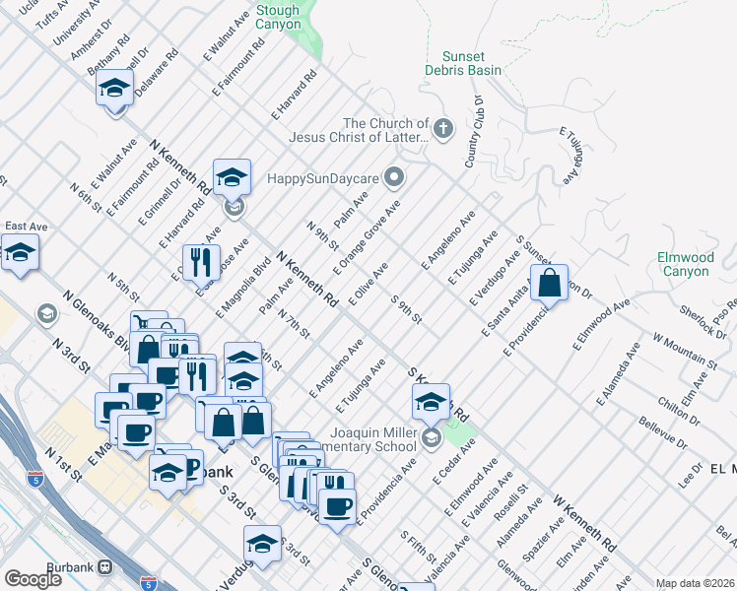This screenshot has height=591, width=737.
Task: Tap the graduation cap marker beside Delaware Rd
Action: click(115, 89)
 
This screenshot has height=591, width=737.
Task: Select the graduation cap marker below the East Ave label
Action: click(20, 253)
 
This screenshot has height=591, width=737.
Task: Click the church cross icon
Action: click(443, 127)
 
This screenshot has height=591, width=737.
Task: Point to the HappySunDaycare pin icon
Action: click(395, 178)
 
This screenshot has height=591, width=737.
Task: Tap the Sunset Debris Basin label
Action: click(463, 63)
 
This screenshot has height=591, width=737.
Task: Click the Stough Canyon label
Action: click(278, 17)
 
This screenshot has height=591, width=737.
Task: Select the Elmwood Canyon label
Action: click(685, 264)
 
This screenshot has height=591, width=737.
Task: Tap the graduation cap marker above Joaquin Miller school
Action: click(431, 402)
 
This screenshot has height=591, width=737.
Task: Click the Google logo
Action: click(33, 579)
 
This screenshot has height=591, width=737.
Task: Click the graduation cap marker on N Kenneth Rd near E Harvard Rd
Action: click(233, 178)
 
